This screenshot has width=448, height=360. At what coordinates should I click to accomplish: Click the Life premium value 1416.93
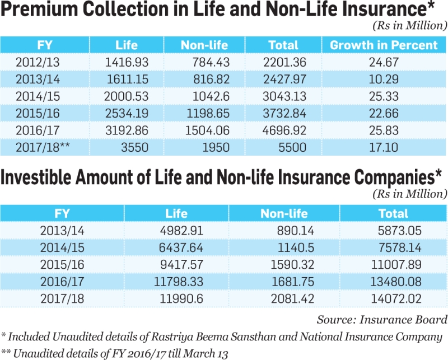point(127,62)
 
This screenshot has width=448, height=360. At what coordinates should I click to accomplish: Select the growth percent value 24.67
point(384,62)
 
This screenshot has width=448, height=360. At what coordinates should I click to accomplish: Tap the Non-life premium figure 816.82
point(211,79)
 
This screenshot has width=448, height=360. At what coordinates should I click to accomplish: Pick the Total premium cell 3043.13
point(284,96)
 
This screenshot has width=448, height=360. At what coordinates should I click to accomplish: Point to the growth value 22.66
point(384,114)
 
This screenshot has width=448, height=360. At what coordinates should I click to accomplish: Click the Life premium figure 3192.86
point(127,130)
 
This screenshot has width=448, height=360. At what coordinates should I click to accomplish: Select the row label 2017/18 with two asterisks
point(43,147)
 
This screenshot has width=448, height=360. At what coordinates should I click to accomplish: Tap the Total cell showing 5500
point(292,147)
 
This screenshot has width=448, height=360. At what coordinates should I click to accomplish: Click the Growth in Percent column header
point(384,45)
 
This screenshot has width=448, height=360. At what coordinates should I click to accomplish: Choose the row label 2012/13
point(38,62)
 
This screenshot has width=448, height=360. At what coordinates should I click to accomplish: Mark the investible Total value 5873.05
point(399,231)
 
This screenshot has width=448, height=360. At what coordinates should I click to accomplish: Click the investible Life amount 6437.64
point(181,247)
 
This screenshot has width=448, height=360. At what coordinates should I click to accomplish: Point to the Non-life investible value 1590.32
point(292,265)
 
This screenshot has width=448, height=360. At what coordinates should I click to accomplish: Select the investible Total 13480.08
point(396,282)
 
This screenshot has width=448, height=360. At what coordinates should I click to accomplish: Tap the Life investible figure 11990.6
point(181,299)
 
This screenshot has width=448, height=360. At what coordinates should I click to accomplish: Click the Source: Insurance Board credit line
point(382,320)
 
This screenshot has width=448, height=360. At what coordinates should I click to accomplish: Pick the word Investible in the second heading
point(36,177)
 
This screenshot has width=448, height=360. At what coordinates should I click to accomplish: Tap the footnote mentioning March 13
point(115,353)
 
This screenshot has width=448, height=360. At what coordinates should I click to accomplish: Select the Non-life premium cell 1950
point(216,147)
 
